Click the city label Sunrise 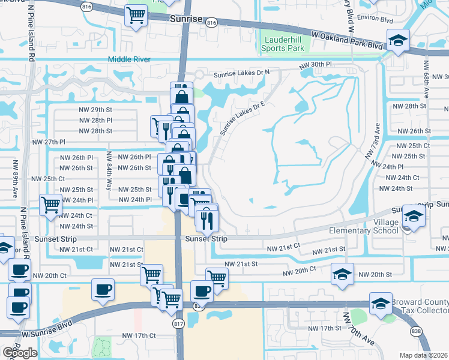click(x=186, y=19)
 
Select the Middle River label click(x=130, y=59)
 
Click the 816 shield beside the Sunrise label click(x=211, y=22)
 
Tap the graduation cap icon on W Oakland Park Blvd click(x=397, y=41)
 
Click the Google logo click(x=20, y=353)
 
